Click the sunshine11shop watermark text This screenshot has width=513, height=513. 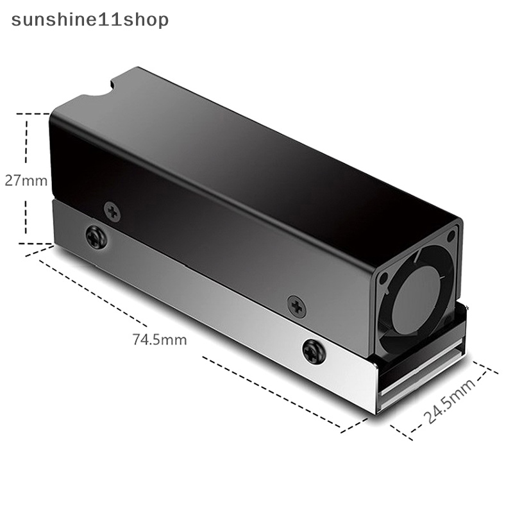(x=90, y=21)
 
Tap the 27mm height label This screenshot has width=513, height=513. (x=26, y=181)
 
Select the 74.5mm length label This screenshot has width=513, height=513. (x=160, y=340)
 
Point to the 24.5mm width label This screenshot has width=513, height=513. (x=449, y=400)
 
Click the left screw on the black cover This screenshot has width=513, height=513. (x=112, y=212)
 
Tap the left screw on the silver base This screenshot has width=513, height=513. (x=96, y=237)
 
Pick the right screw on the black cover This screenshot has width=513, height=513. (x=297, y=307)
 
